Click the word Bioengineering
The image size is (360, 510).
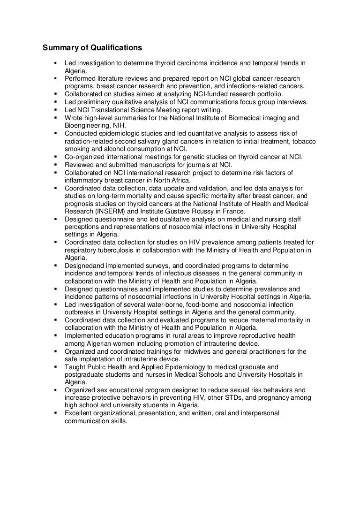[86, 124]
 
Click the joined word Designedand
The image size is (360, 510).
[84, 265]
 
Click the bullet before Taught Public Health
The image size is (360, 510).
[55, 366]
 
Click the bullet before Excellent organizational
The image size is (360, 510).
[55, 413]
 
